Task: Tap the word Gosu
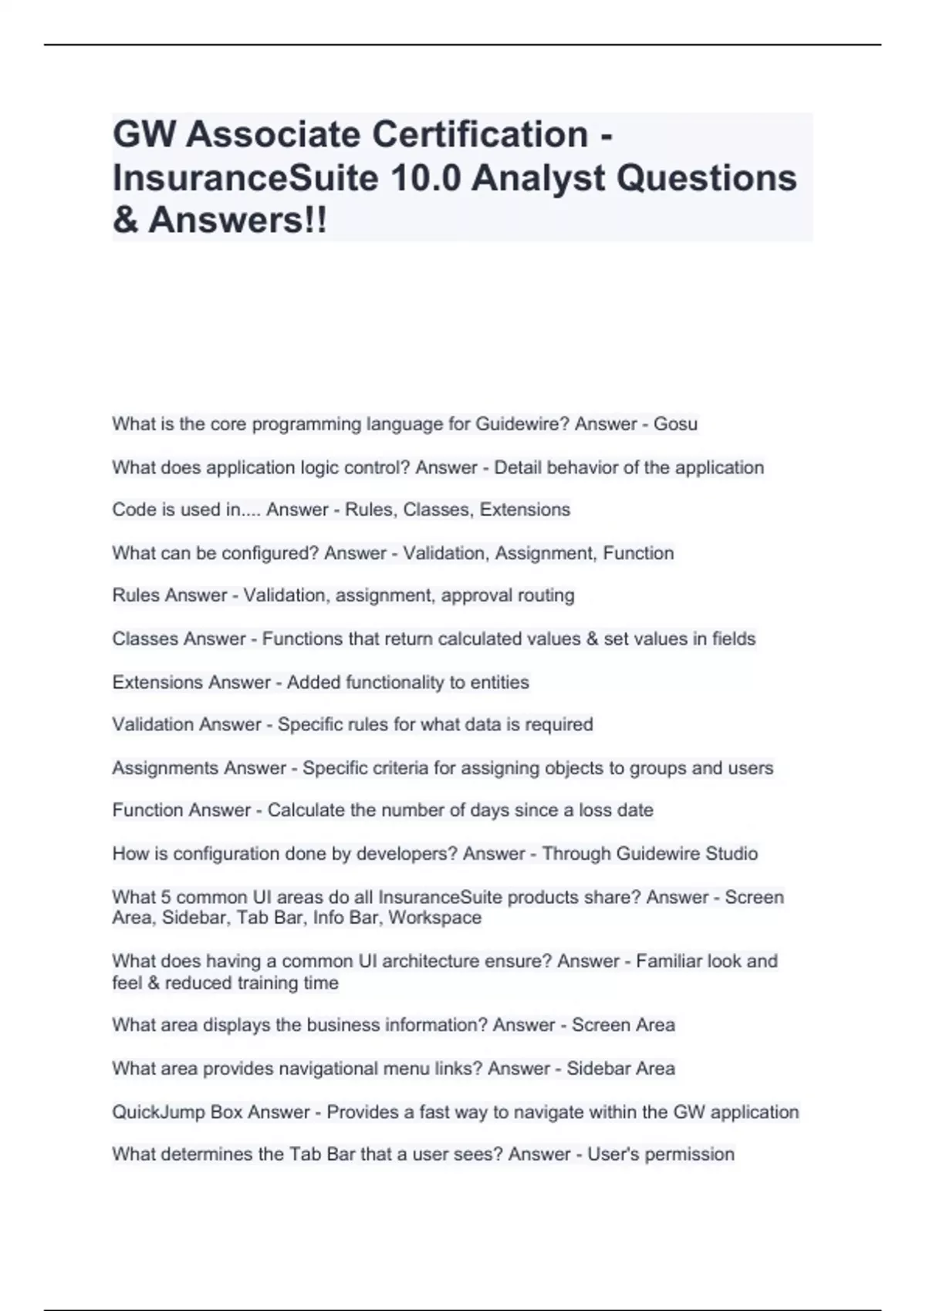coord(675,424)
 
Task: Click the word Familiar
coord(670,962)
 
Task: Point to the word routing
coord(546,595)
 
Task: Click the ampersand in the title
coord(126,221)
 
